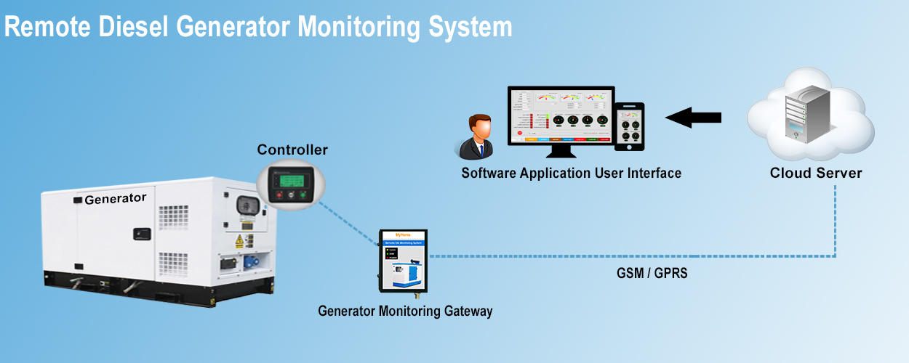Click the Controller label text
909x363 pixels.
pos(292,150)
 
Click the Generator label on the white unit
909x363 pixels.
pos(115,198)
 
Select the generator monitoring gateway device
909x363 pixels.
pos(403,261)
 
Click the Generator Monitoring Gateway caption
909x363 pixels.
pos(405,311)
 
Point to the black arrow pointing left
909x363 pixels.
pos(693,117)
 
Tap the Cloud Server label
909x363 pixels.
pos(816,173)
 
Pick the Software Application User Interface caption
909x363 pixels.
pos(571,173)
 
